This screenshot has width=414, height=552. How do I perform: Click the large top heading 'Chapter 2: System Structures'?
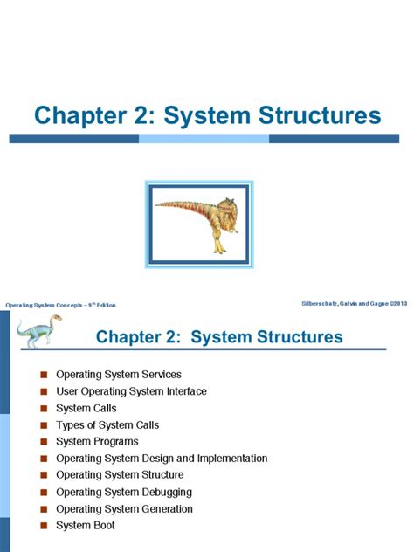pyautogui.click(x=207, y=116)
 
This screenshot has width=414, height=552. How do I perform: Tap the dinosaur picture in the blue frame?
pyautogui.click(x=201, y=223)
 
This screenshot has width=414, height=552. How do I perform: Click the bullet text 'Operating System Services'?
pyautogui.click(x=119, y=375)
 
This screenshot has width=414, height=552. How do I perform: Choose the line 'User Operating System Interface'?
pyautogui.click(x=131, y=391)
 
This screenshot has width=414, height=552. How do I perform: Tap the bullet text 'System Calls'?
pyautogui.click(x=86, y=408)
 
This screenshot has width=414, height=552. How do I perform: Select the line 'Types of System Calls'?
pyautogui.click(x=107, y=424)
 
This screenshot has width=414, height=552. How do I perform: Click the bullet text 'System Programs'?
pyautogui.click(x=97, y=441)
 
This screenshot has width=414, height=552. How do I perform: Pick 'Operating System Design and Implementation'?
pyautogui.click(x=162, y=458)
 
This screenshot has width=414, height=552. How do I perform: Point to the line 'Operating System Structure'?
pyautogui.click(x=120, y=474)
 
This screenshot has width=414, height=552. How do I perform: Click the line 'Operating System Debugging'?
pyautogui.click(x=124, y=492)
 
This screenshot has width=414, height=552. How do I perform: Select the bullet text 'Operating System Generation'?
pyautogui.click(x=124, y=508)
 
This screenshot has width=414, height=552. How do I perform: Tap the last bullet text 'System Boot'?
pyautogui.click(x=86, y=525)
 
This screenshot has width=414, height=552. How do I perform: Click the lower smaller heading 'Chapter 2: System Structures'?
pyautogui.click(x=219, y=336)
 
